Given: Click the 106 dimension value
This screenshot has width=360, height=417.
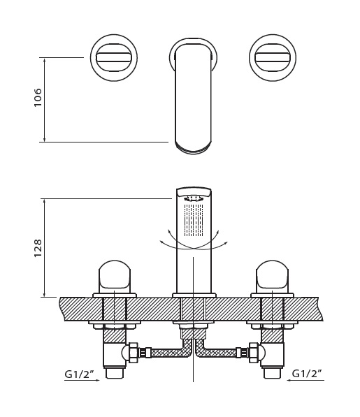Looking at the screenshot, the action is pos(38,97).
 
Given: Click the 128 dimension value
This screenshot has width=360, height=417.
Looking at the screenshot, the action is pos(38,248).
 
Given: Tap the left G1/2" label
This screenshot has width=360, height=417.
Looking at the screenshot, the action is pos(80,374).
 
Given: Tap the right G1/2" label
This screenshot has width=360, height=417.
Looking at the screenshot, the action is pos(307,374).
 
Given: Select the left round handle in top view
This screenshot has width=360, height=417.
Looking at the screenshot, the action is pos(114,58).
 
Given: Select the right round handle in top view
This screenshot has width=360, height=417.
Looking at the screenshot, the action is pos(273,57).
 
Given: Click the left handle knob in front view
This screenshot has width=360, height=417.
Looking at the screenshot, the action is pos(115,277).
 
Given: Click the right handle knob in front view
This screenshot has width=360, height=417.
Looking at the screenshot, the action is pos(272,277).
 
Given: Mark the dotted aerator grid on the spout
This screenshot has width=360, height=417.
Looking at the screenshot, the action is pos(194,220).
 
